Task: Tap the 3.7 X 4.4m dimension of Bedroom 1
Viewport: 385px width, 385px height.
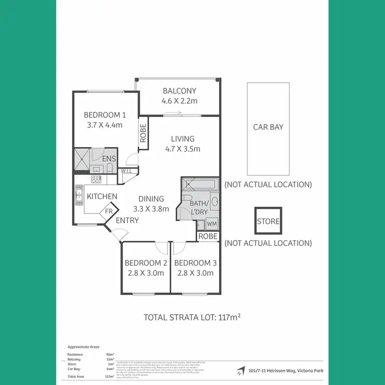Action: coord(104,125)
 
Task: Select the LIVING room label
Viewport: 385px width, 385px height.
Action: coord(183,139)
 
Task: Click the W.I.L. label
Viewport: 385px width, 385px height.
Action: coord(126,171)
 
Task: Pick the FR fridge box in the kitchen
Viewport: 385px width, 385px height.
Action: coord(109,211)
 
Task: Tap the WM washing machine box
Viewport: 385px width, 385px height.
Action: coord(212,224)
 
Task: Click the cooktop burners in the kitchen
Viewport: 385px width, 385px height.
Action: coord(96,180)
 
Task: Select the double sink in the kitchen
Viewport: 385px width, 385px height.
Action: coord(79,196)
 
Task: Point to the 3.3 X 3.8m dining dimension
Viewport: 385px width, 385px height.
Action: coord(151,209)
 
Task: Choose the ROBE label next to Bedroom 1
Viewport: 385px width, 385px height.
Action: coord(143,134)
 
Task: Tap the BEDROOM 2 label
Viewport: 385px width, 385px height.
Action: coord(146,263)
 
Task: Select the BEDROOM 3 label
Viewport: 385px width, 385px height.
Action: coord(196,263)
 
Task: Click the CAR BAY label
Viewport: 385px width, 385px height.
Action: coord(268,127)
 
